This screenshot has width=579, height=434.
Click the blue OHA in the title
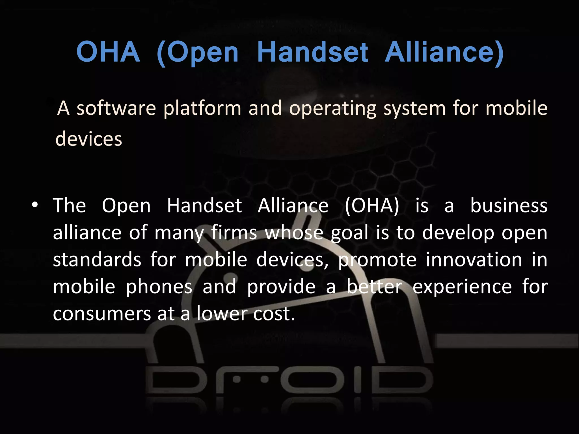click(108, 52)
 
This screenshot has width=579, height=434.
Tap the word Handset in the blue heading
click(312, 52)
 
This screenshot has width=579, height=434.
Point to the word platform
click(202, 108)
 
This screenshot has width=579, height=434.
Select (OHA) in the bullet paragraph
click(372, 205)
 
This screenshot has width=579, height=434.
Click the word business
click(509, 205)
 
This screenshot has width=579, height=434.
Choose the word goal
click(350, 233)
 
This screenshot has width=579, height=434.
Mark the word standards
click(97, 260)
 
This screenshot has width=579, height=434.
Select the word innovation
click(474, 260)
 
